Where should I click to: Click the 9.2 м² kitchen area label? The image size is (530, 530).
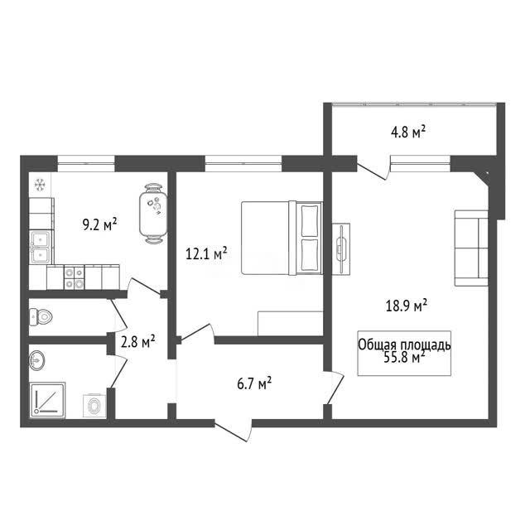[x=99, y=224]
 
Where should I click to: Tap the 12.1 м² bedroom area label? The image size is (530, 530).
[x=206, y=253]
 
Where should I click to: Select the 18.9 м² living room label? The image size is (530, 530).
[x=407, y=306]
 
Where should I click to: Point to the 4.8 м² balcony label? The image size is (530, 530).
[x=408, y=132]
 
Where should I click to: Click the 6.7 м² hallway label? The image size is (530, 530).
[x=254, y=383]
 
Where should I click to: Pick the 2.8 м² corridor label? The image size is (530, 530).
[x=138, y=342]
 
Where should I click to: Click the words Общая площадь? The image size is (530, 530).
[x=404, y=345]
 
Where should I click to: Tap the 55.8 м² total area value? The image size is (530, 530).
[x=404, y=357]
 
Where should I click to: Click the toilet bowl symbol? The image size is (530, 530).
[x=41, y=316]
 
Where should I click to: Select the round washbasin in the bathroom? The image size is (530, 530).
[x=36, y=360]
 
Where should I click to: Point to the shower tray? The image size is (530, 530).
[x=48, y=400]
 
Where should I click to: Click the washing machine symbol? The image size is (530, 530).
[x=94, y=406]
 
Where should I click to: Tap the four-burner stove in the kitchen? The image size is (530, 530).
[x=74, y=277]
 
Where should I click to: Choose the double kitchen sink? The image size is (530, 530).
[x=41, y=247]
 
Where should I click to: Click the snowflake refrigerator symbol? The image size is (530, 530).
[x=40, y=185]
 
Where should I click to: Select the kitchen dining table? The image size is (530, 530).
[x=153, y=214]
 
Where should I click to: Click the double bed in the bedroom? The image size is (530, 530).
[x=282, y=238]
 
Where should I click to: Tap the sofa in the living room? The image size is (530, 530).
[x=471, y=248]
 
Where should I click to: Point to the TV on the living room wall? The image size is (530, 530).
[x=341, y=248]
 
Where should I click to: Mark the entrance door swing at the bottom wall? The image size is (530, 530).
[x=234, y=431]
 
